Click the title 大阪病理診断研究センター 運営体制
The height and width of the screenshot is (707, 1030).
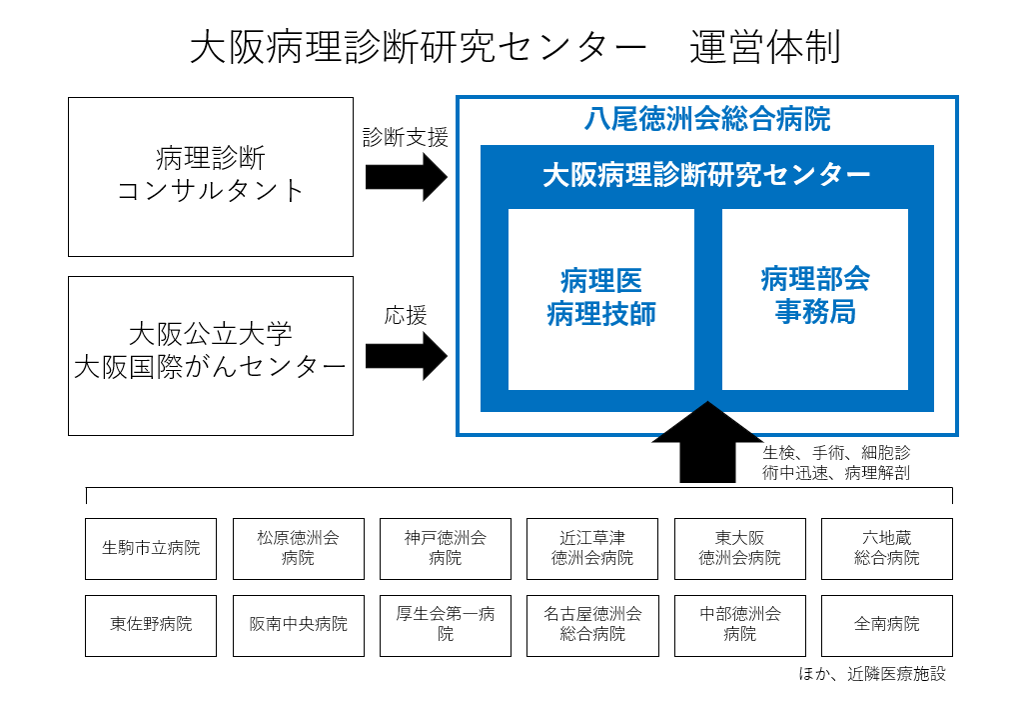(515, 48)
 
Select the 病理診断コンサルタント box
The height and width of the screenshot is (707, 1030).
(211, 176)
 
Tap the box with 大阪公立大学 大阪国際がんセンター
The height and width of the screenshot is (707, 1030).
(211, 355)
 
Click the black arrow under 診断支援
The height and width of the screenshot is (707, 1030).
(406, 177)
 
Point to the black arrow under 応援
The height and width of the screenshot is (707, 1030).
(406, 356)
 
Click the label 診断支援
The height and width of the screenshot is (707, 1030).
(405, 137)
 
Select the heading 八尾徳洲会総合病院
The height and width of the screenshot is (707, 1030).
(706, 120)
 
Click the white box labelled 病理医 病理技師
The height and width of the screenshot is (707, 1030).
(600, 299)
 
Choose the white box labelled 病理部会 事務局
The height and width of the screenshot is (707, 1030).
(814, 299)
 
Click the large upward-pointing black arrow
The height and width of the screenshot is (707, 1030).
(707, 444)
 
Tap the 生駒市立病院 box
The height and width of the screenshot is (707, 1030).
(151, 548)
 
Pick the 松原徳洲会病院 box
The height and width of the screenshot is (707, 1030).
(298, 548)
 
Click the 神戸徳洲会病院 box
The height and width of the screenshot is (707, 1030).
(445, 548)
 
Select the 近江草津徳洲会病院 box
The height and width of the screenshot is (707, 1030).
(592, 548)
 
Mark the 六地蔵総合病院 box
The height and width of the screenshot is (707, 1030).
(886, 548)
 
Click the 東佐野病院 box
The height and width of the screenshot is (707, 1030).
(151, 625)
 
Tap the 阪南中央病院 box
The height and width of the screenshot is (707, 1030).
(298, 625)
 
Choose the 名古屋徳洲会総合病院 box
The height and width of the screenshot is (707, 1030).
(592, 625)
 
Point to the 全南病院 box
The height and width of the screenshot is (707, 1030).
(886, 625)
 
